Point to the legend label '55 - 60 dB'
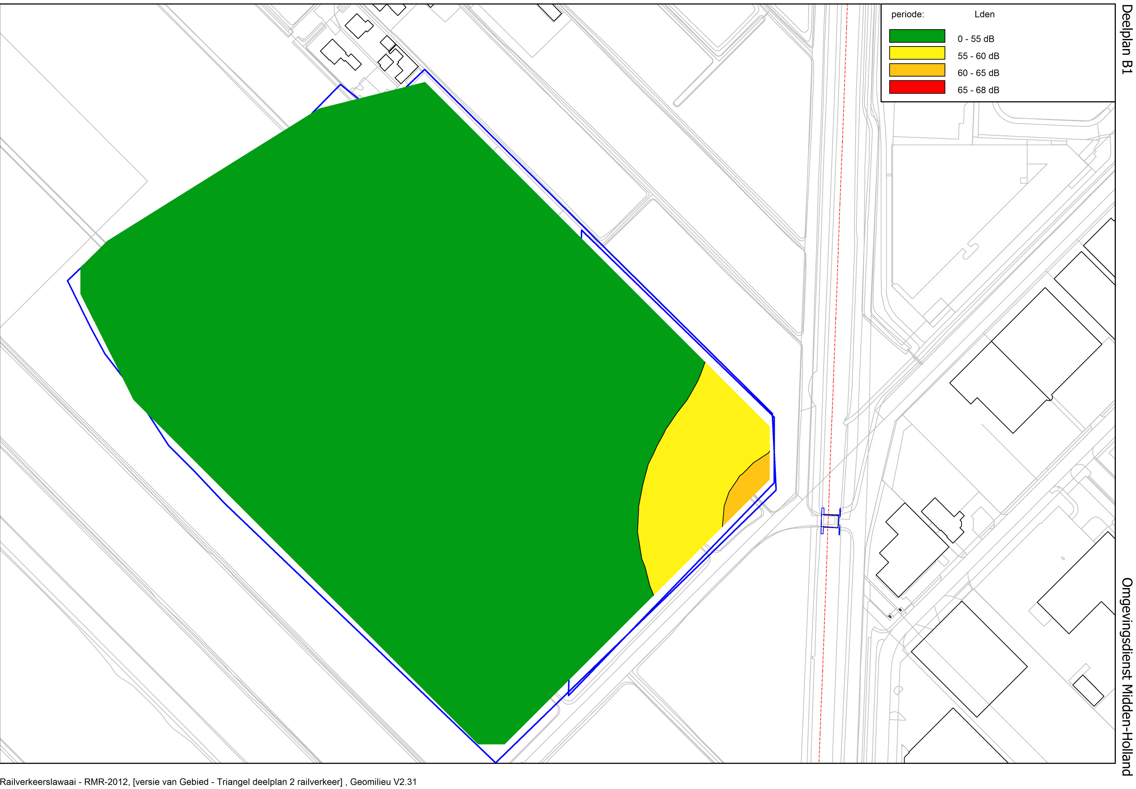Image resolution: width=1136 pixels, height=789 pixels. pyautogui.click(x=978, y=56)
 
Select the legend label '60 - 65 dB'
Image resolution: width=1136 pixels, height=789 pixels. pyautogui.click(x=978, y=73)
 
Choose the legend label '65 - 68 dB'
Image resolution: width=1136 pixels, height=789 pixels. pyautogui.click(x=978, y=90)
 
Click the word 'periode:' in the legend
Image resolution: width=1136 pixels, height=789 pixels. pyautogui.click(x=907, y=14)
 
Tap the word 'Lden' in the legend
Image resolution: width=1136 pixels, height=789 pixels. pyautogui.click(x=984, y=14)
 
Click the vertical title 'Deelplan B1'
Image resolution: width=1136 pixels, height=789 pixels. pyautogui.click(x=1126, y=40)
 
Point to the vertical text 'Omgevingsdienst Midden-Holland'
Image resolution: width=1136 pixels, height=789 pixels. pyautogui.click(x=1126, y=676)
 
